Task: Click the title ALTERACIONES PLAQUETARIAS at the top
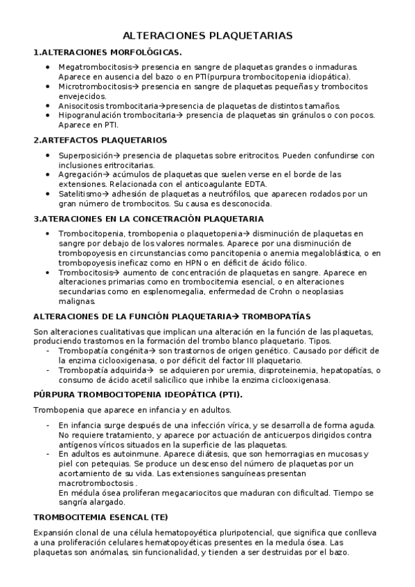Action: tap(207, 35)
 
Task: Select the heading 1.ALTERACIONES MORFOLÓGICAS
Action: tap(107, 52)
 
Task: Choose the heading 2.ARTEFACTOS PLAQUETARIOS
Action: tap(100, 140)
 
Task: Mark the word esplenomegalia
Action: tap(148, 291)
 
